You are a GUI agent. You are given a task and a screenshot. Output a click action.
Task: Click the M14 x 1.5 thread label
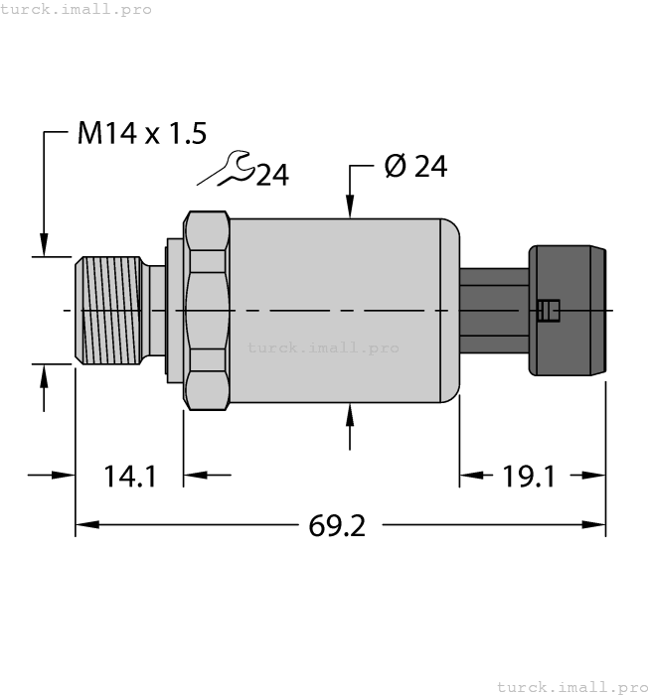click(x=142, y=134)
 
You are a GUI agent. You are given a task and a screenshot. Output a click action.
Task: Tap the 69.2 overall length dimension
click(x=337, y=525)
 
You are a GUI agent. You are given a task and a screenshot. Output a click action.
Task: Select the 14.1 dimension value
click(x=130, y=476)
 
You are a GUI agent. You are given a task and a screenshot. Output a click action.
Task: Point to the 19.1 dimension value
click(x=528, y=476)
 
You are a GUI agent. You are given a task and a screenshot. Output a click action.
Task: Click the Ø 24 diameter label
click(x=415, y=167)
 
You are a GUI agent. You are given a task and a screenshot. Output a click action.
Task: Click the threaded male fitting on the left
click(x=109, y=310)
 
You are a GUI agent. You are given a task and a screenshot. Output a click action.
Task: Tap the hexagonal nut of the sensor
click(x=207, y=310)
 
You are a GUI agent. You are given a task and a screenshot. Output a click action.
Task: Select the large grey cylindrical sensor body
click(x=338, y=288)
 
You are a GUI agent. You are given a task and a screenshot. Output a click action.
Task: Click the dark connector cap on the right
click(x=568, y=310)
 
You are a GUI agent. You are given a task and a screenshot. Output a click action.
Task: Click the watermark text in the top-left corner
click(x=76, y=9)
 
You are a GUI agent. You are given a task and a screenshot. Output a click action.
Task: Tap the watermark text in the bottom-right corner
click(x=571, y=686)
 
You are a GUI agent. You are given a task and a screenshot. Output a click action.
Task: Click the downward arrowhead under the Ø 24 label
click(x=350, y=208)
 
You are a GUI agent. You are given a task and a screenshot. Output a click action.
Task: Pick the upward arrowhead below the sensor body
click(x=350, y=412)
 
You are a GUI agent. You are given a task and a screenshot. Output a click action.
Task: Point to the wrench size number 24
click(x=272, y=176)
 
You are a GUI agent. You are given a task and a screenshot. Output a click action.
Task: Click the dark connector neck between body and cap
click(x=494, y=310)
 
